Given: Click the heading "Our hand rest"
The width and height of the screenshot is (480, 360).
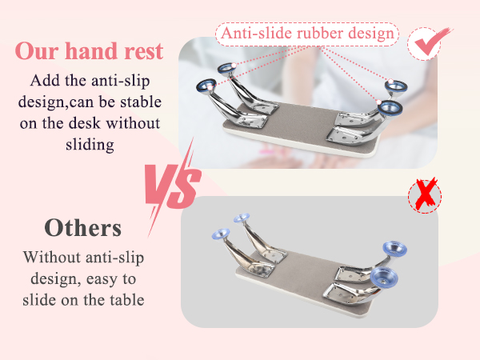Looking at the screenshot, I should pyautogui.click(x=89, y=52).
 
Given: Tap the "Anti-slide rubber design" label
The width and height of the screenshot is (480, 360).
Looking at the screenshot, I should pyautogui.click(x=306, y=34).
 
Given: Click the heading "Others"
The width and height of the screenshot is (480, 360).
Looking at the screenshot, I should pyautogui.click(x=83, y=227).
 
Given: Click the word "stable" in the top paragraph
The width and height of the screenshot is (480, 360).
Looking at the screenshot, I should pyautogui.click(x=133, y=102).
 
